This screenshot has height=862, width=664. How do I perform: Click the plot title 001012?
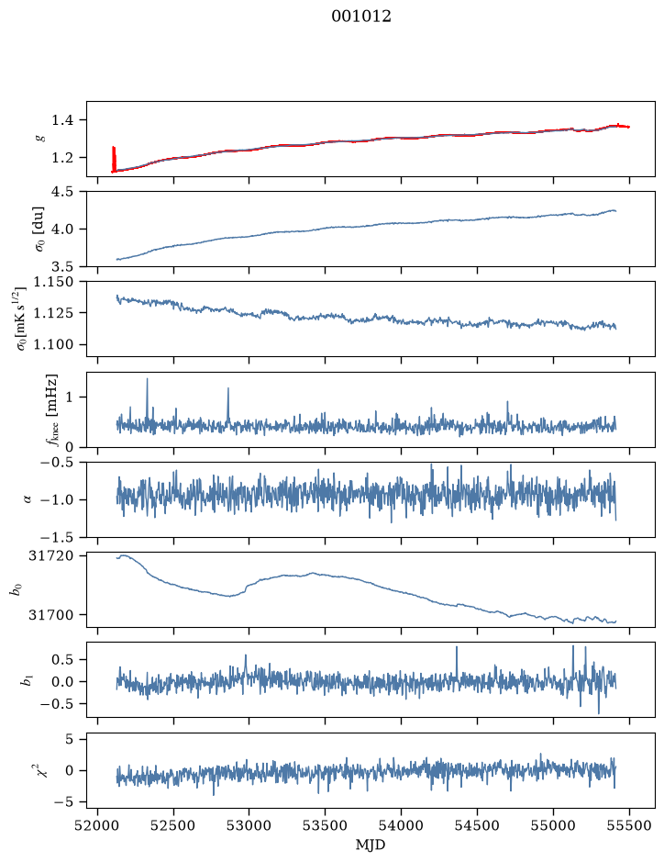[361, 17]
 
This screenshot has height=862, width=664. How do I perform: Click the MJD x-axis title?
[371, 845]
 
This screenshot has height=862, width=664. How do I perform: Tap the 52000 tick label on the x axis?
[98, 825]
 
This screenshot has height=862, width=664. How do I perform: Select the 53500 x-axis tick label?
[326, 825]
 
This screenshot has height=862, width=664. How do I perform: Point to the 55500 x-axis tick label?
[629, 825]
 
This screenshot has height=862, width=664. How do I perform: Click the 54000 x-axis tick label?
[401, 825]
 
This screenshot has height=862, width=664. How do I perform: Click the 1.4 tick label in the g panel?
[62, 120]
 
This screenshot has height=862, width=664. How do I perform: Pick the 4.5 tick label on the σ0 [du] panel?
[62, 191]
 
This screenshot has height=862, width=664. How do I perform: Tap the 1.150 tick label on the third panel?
[54, 282]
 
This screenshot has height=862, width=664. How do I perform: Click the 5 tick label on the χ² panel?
[69, 739]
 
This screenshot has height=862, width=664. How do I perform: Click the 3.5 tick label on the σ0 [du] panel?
[62, 266]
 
